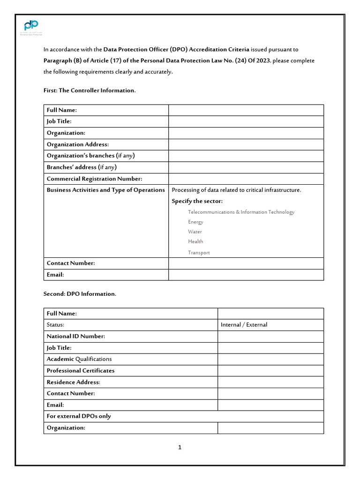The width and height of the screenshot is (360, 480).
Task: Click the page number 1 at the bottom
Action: [x=180, y=447]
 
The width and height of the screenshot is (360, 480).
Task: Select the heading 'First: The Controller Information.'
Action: [x=90, y=90]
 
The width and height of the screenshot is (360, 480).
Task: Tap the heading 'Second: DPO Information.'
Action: [x=80, y=293]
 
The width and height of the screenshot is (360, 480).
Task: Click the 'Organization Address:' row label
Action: [x=77, y=144]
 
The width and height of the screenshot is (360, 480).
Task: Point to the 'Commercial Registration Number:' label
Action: [x=94, y=179]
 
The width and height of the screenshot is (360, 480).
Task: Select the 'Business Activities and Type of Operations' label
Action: [x=105, y=190]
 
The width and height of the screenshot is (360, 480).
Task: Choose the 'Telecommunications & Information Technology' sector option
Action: [x=241, y=212]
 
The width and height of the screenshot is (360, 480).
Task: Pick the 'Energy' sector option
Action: [x=195, y=222]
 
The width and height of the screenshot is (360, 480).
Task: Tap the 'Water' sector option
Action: [x=195, y=232]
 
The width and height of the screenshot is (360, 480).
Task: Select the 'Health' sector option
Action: [x=195, y=241]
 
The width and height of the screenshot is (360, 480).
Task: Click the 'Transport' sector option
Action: [x=199, y=253]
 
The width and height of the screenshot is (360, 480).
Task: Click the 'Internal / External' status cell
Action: [x=244, y=325]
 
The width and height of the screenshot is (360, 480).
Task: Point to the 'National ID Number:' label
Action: [x=75, y=336]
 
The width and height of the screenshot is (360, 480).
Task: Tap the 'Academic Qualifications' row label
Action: [x=79, y=359]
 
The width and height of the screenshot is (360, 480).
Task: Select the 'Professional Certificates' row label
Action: [x=80, y=370]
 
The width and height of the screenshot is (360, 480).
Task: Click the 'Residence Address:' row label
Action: [x=73, y=382]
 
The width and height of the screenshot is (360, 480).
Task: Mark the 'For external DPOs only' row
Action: [x=79, y=416]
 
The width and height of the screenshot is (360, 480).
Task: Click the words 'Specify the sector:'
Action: [x=197, y=201]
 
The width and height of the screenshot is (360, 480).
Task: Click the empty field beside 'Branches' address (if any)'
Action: [x=246, y=167]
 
